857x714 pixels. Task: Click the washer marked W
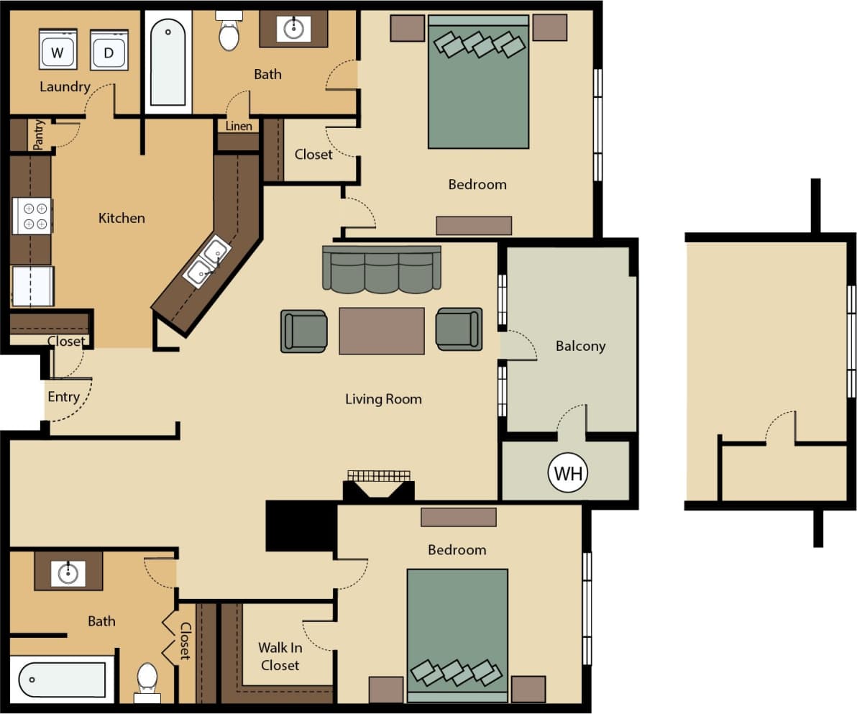(x=58, y=50)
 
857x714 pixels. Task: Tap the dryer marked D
(x=109, y=50)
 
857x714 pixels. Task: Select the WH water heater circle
(x=568, y=473)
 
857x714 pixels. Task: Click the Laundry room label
(x=65, y=87)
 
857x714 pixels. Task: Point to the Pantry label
(x=39, y=134)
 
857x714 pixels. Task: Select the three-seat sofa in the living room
(x=381, y=270)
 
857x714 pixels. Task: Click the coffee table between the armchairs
(x=381, y=331)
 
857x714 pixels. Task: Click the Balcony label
(x=580, y=346)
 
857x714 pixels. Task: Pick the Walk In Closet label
(x=280, y=656)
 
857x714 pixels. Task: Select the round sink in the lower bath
(x=68, y=573)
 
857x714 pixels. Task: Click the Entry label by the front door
(x=63, y=397)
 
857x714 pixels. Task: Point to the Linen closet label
(x=239, y=127)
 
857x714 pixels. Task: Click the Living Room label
(x=383, y=399)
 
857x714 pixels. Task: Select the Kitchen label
(x=122, y=218)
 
